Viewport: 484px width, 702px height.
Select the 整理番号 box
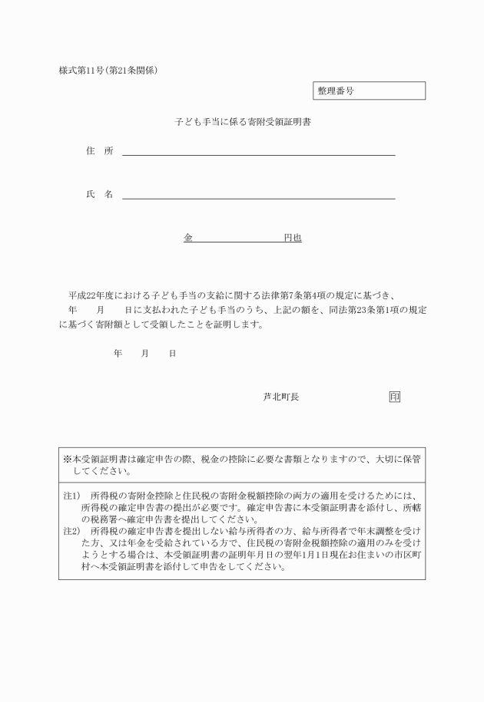click(369, 91)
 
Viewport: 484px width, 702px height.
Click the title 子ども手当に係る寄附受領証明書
click(241, 121)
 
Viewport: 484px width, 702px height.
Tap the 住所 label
click(99, 151)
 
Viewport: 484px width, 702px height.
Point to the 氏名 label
click(99, 194)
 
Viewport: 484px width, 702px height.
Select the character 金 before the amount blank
click(187, 239)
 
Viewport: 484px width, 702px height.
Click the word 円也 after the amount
click(293, 239)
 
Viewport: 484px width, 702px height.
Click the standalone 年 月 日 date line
click(144, 354)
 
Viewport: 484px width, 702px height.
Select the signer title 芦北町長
click(280, 397)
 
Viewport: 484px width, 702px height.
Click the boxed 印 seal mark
click(394, 397)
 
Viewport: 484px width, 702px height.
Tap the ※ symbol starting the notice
click(67, 459)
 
